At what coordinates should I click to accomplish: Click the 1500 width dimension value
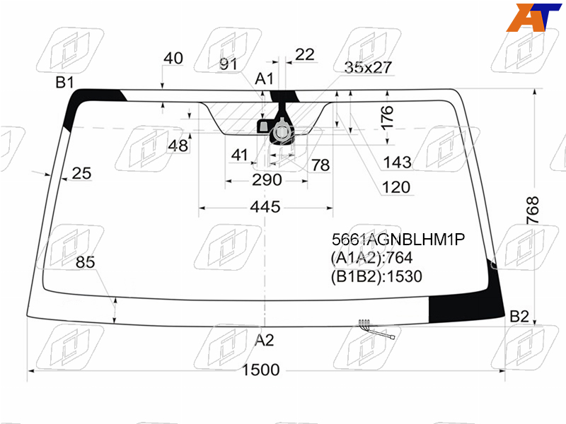(260, 370)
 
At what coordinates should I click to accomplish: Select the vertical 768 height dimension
(533, 210)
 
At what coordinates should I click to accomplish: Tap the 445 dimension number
(265, 207)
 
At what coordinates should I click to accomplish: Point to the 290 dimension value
(267, 179)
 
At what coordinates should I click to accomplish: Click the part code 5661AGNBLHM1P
(398, 240)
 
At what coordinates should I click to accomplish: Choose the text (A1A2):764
(371, 258)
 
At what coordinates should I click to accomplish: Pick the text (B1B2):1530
(376, 276)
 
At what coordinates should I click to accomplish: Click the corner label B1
(64, 83)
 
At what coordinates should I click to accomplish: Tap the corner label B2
(519, 317)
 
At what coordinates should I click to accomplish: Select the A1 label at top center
(264, 78)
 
